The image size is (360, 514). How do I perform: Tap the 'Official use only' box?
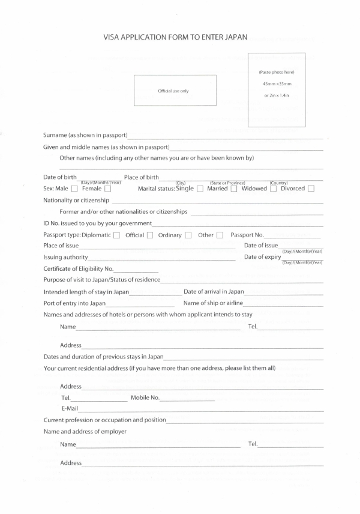[x=175, y=91]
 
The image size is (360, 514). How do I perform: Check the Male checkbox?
[x=74, y=189]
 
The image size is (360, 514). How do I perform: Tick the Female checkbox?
[x=107, y=189]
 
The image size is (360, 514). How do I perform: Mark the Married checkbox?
[x=234, y=189]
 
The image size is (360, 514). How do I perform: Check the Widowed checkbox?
[x=274, y=189]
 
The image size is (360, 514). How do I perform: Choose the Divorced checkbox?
[x=311, y=189]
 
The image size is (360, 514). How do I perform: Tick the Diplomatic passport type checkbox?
[x=116, y=235]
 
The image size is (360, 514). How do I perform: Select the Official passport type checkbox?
[x=150, y=235]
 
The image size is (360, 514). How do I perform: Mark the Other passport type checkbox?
[x=220, y=235]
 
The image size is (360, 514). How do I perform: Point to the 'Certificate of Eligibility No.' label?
[x=78, y=268]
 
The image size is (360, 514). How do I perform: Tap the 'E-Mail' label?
[x=70, y=408]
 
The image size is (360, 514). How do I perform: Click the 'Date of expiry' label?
[x=262, y=257]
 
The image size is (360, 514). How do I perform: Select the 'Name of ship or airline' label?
[x=213, y=303]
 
